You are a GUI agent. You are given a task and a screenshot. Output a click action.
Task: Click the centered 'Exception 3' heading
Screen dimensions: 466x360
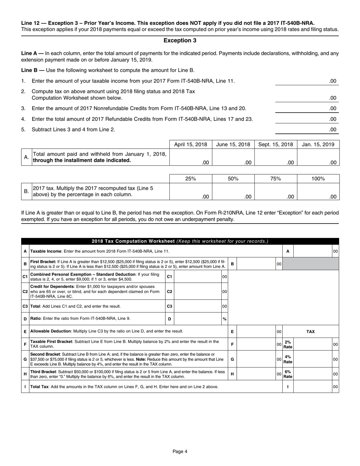pos(180,41)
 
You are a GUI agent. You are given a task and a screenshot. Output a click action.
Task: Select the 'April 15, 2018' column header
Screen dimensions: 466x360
pos(191,144)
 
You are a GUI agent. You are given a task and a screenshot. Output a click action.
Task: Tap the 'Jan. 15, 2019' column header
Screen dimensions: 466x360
pos(318,144)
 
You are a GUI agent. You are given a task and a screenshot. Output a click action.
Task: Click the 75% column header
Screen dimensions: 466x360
pos(275,178)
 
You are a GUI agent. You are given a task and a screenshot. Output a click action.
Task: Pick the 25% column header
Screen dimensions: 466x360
pos(191,178)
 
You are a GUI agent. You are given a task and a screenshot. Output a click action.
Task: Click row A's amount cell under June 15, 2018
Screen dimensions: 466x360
pos(233,158)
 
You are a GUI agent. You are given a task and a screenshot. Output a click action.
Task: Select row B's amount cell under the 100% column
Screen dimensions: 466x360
pos(318,192)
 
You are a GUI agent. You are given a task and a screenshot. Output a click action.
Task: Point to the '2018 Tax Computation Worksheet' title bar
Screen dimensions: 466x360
pos(180,241)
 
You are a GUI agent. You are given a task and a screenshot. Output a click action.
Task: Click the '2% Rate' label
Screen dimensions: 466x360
pos(288,344)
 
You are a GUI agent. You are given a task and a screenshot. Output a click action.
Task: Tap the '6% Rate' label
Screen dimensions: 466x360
pos(288,374)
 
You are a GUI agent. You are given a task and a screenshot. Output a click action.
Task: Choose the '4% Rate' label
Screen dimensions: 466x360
pos(288,359)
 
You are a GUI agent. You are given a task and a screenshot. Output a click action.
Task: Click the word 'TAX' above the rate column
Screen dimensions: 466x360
pos(310,332)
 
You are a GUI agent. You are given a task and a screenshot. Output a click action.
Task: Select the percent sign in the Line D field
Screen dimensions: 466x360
pos(224,319)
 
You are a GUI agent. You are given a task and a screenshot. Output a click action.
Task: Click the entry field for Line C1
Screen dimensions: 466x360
pos(197,277)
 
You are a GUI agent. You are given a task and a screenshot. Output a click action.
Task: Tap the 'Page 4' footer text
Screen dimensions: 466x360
pos(180,451)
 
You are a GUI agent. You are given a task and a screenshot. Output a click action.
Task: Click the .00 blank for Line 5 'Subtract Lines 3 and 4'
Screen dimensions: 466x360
pos(307,130)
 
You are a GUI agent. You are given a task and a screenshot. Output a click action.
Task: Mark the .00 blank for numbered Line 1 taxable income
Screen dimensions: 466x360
pos(307,81)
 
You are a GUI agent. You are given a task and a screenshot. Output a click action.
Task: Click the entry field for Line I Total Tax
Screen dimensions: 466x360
pos(313,387)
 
